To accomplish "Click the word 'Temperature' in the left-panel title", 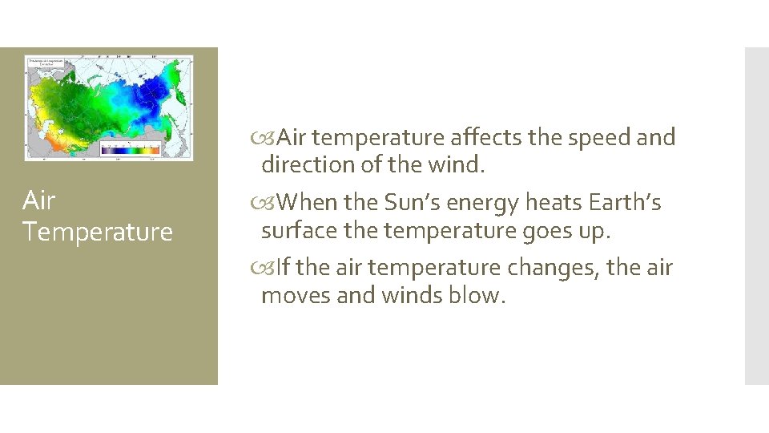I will [x=98, y=232].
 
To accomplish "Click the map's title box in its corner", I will [x=46, y=63].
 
